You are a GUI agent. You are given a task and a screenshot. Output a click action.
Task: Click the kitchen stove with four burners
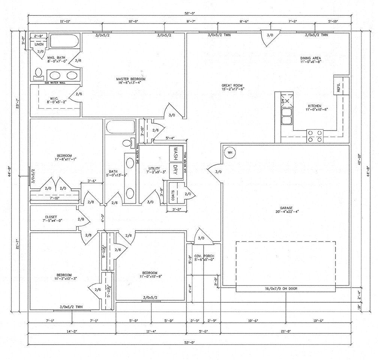315,136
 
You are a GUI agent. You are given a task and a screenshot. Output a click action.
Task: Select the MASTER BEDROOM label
130,81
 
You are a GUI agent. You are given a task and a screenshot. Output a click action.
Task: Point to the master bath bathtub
64,41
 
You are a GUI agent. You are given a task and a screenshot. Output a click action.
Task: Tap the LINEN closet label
39,44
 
